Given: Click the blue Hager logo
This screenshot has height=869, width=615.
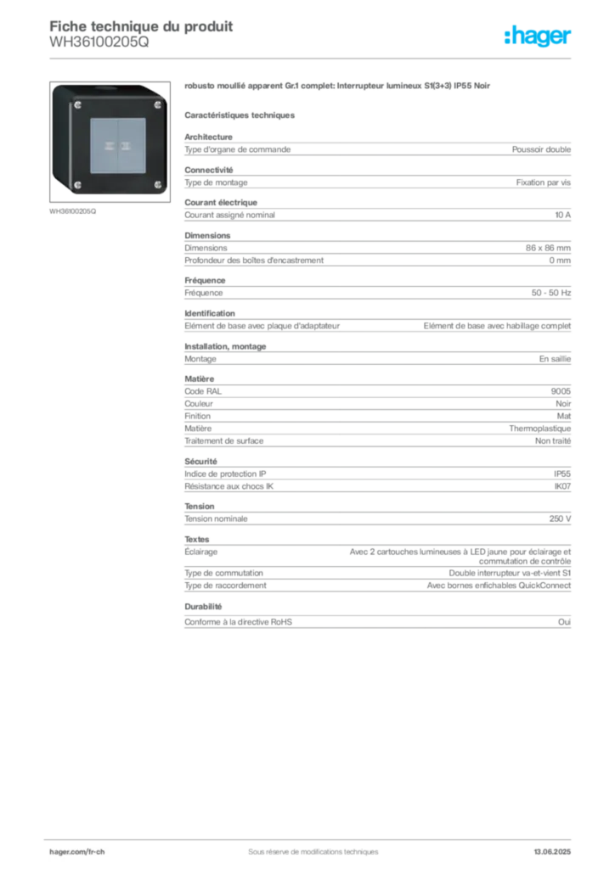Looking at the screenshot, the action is [x=539, y=37].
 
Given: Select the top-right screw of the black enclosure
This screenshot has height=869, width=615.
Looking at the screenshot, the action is [x=156, y=104].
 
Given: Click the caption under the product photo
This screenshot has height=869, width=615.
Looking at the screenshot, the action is [x=75, y=210].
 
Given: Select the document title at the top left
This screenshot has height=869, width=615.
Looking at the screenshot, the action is [x=140, y=26].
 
